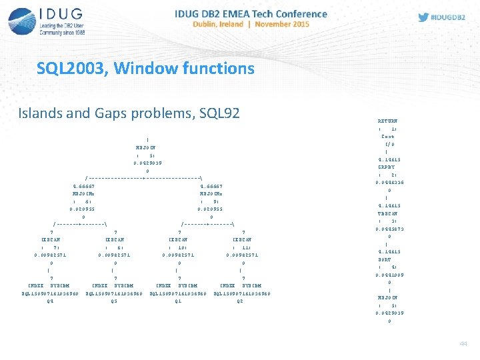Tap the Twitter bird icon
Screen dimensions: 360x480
[x=423, y=17]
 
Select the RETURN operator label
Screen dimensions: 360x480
[x=387, y=121]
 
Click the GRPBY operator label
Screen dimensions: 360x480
[x=387, y=167]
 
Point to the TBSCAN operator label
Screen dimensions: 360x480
[x=387, y=213]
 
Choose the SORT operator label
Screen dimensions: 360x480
[x=387, y=259]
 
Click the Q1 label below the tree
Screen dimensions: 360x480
[x=178, y=301]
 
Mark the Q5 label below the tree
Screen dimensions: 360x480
[x=114, y=301]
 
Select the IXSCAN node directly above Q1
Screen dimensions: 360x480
[x=178, y=238]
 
